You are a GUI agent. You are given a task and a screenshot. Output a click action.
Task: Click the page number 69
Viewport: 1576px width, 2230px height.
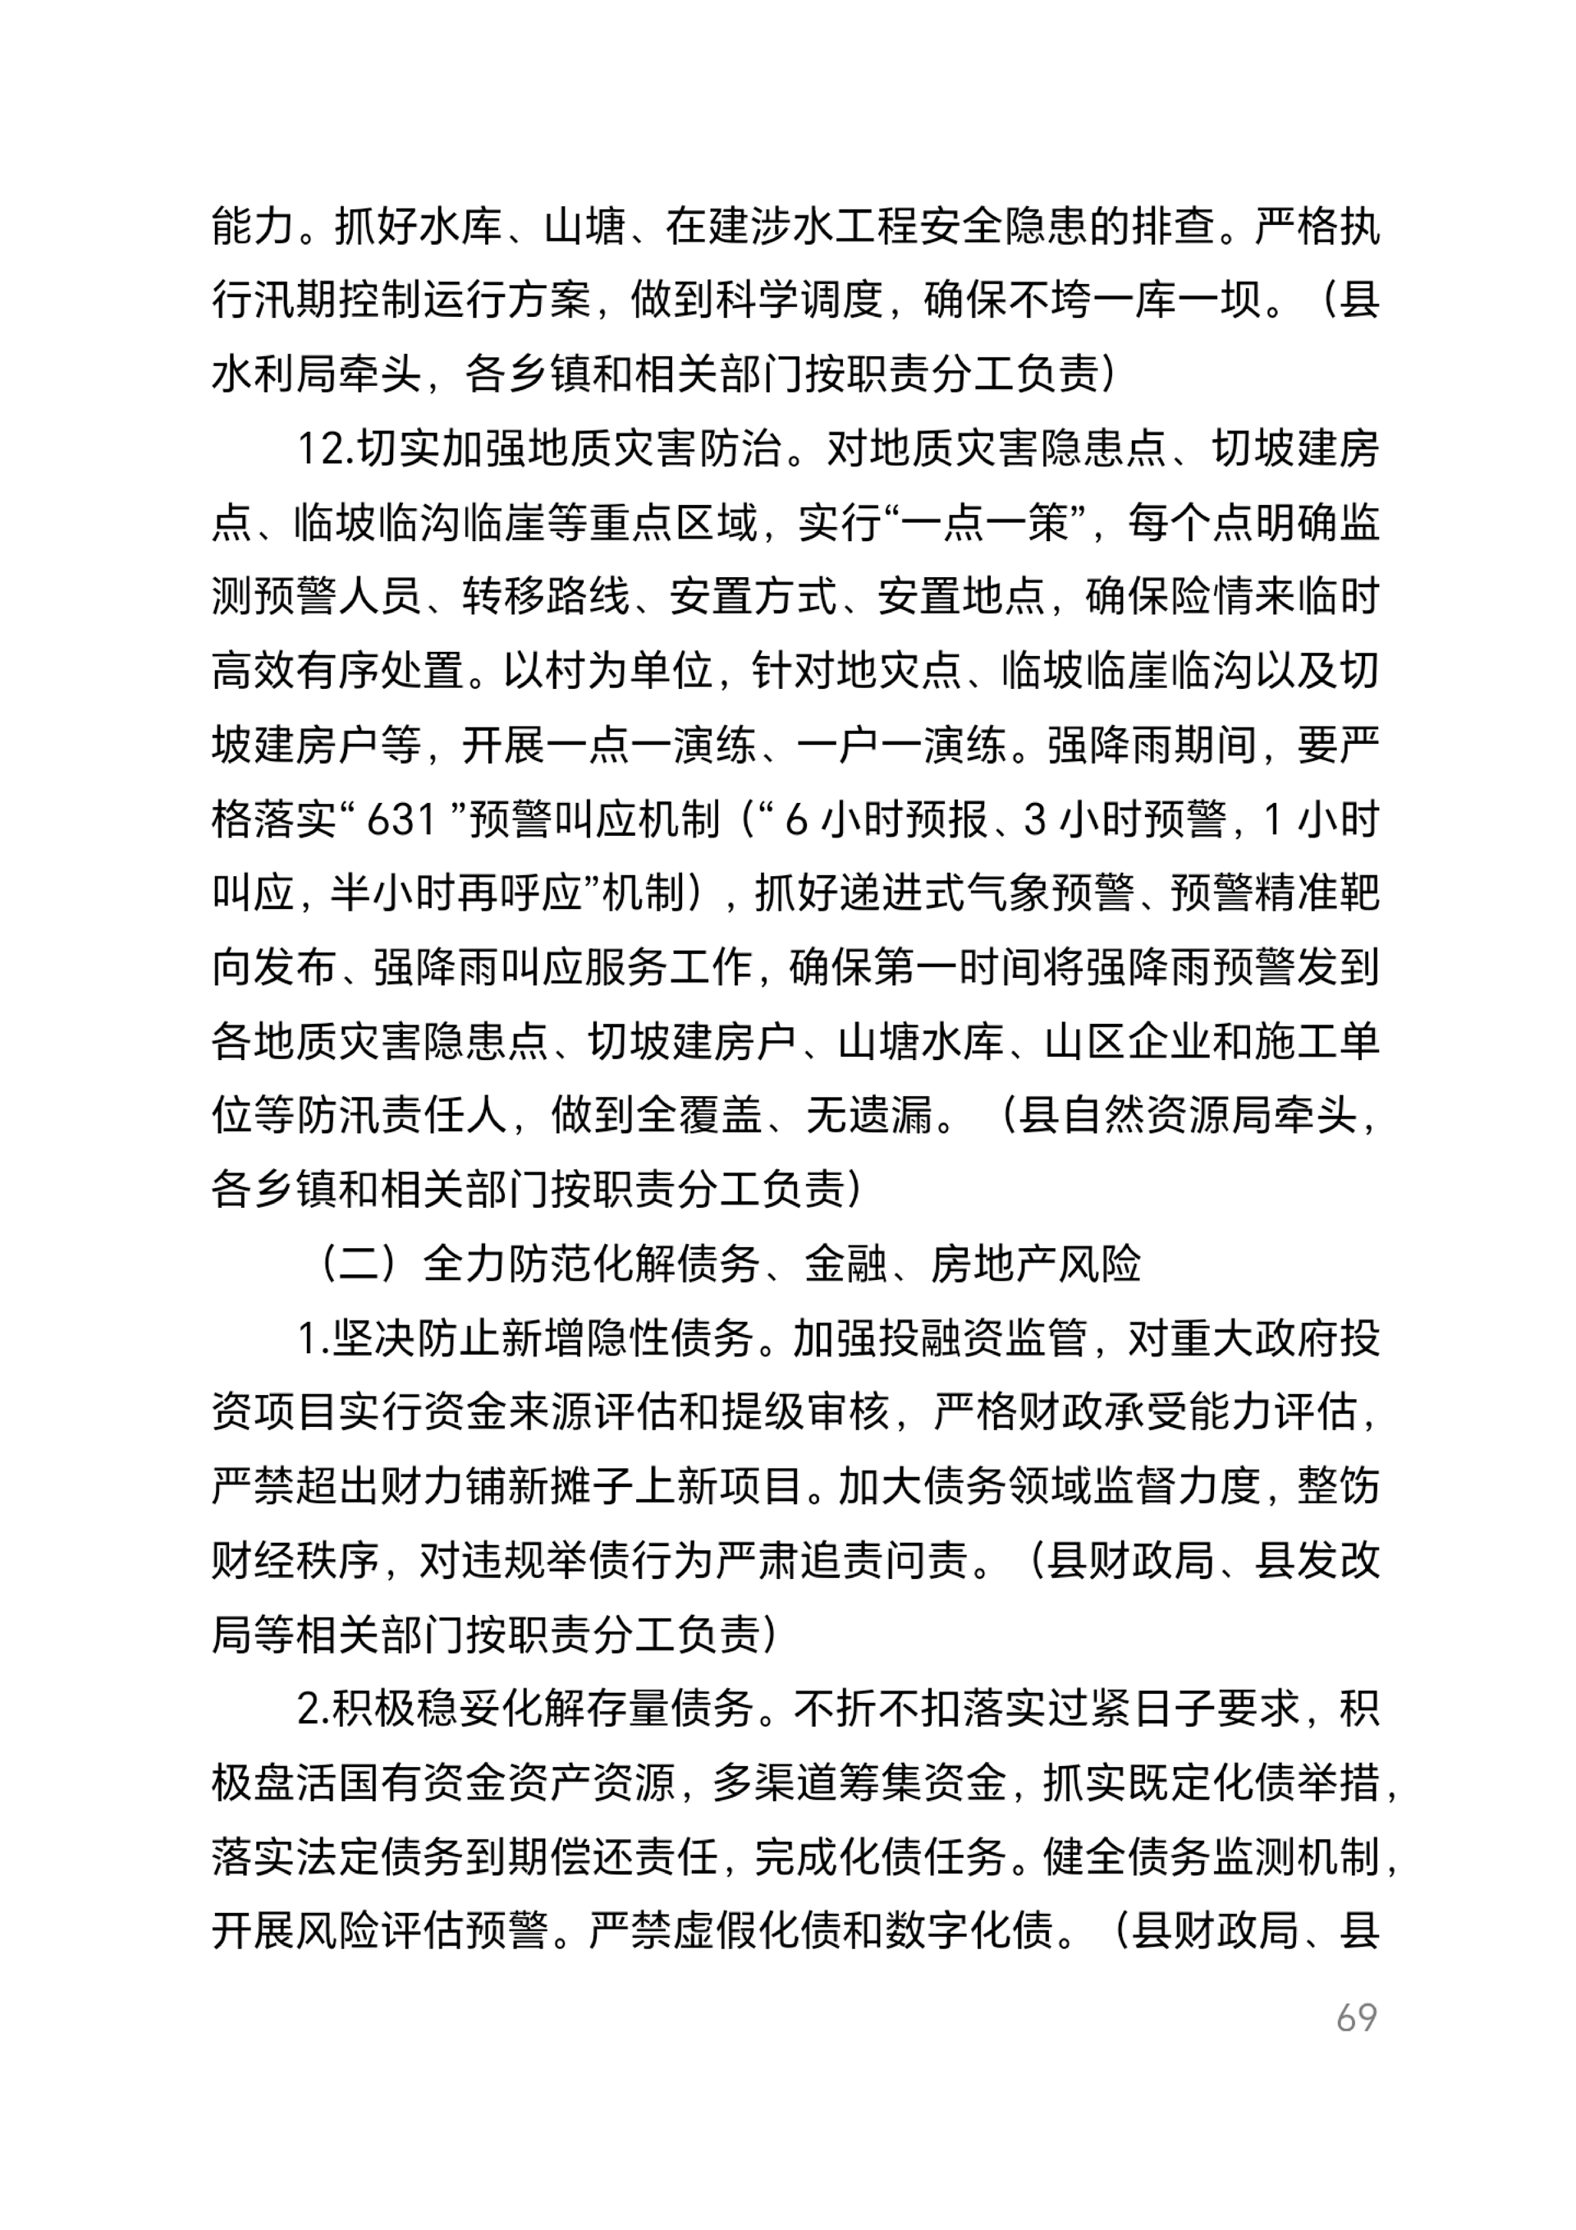click(1355, 2018)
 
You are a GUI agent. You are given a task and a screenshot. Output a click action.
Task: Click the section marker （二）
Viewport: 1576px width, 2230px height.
click(360, 1264)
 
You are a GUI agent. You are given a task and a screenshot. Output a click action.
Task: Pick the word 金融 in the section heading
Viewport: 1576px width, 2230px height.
click(845, 1264)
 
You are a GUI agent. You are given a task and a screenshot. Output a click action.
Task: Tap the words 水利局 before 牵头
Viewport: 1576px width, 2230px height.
click(275, 374)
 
